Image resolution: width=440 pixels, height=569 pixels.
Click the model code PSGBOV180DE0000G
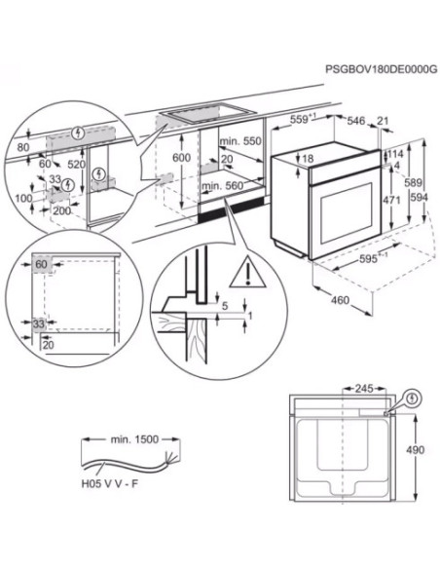[x=381, y=69]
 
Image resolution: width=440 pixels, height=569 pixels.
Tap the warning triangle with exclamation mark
[x=248, y=272]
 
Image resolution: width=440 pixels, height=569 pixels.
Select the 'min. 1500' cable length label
[x=134, y=439]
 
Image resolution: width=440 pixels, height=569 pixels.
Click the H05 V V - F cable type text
[x=109, y=483]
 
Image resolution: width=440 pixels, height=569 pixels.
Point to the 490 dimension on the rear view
[x=415, y=450]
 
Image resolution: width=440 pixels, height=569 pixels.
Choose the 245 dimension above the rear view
[x=364, y=389]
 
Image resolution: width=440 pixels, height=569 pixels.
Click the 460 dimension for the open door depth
[x=341, y=300]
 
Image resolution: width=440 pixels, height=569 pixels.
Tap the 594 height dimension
[x=419, y=198]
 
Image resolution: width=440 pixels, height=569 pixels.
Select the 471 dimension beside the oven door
[x=391, y=200]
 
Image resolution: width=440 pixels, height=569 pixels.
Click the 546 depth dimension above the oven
[x=356, y=121]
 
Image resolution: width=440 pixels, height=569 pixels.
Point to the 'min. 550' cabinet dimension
[x=240, y=141]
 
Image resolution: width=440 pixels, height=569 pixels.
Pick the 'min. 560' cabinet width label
[x=223, y=186]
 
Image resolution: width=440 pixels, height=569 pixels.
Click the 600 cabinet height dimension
[x=181, y=158]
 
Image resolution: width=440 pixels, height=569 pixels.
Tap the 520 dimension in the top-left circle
[x=77, y=165]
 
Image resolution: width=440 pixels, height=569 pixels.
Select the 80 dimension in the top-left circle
[x=23, y=147]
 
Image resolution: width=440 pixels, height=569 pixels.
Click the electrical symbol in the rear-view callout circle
[x=412, y=399]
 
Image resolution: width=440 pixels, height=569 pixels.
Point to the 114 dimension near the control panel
[x=395, y=154]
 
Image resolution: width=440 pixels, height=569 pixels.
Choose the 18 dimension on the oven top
[x=308, y=159]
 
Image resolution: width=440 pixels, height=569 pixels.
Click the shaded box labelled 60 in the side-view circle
[x=43, y=264]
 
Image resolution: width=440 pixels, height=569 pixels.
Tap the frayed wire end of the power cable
[x=170, y=459]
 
